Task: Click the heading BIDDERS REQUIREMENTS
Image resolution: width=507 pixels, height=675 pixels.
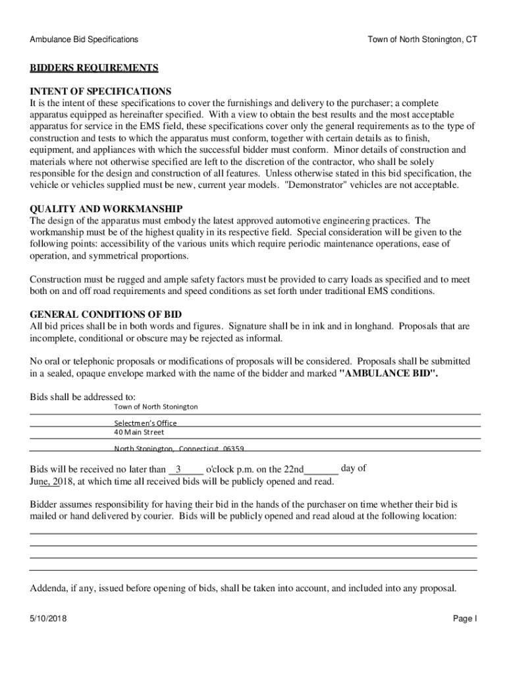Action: [x=93, y=68]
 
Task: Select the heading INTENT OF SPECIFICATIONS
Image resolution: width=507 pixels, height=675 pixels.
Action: [x=100, y=91]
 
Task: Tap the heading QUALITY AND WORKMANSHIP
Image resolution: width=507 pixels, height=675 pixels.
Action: [x=106, y=209]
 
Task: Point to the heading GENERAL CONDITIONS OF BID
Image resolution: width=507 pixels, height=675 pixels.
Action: [x=105, y=314]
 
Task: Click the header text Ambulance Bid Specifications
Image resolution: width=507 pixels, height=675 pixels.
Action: [x=84, y=40]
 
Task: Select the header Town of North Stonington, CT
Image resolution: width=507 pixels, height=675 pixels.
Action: [x=422, y=40]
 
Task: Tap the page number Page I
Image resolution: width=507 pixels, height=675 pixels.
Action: [x=465, y=619]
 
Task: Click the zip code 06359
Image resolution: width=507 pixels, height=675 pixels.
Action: [x=233, y=449]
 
